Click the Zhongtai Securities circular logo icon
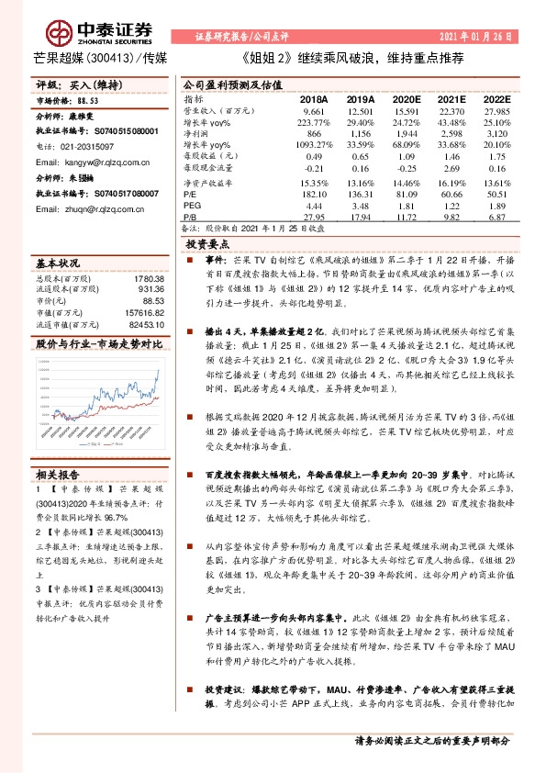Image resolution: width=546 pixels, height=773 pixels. click(x=61, y=34)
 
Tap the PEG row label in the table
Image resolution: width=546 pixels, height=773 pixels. click(x=192, y=207)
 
